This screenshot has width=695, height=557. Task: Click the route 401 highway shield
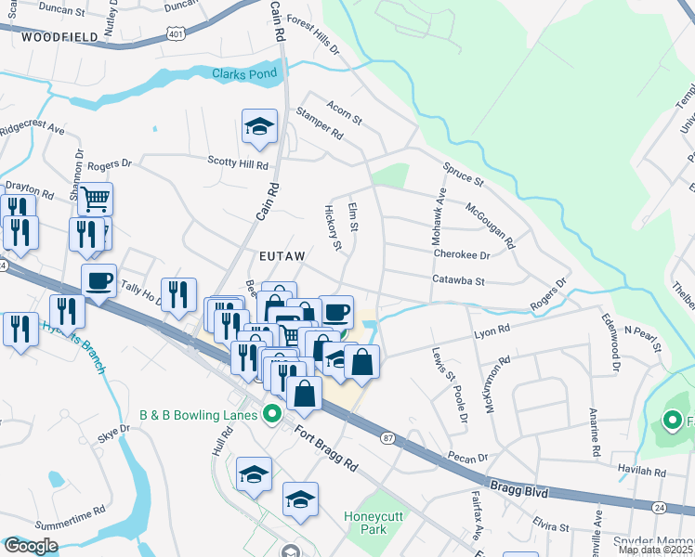point(176,33)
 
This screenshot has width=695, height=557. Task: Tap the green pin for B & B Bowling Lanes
point(272,414)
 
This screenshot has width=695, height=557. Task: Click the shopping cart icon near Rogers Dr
point(95,198)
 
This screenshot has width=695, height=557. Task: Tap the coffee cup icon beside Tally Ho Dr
point(100,280)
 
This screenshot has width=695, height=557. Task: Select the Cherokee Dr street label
point(460,253)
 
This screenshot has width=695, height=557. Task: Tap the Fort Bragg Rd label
point(326,447)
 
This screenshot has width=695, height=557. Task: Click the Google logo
point(31,546)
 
